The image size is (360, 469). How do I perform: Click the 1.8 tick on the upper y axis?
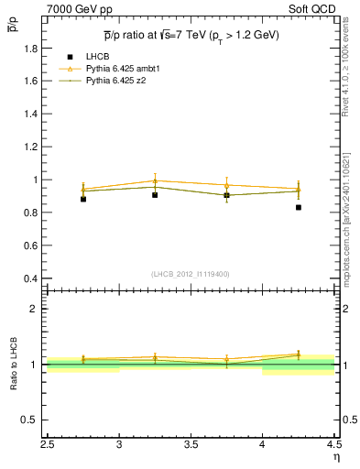tap(32, 48)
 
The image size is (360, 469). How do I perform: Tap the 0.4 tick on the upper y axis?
tap(32, 278)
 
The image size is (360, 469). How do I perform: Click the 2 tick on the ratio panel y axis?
tap(37, 309)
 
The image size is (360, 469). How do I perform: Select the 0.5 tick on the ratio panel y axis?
tap(32, 420)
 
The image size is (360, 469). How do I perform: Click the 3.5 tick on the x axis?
tap(191, 446)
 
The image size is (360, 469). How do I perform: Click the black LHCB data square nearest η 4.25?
tap(299, 208)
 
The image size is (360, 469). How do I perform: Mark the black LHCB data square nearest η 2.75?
tap(83, 199)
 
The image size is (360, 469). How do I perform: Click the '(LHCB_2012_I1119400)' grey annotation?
tap(191, 274)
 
